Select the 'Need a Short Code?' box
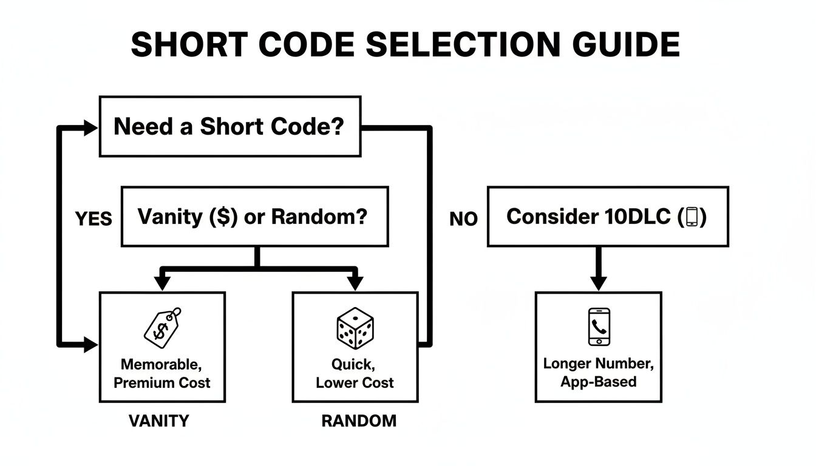click(x=229, y=126)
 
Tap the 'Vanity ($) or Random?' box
click(x=254, y=217)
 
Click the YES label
click(x=93, y=218)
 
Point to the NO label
click(x=463, y=219)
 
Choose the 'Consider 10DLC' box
click(x=608, y=217)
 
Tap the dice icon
click(x=355, y=328)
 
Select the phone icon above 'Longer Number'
click(x=599, y=327)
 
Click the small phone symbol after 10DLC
click(x=692, y=217)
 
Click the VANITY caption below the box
click(x=159, y=420)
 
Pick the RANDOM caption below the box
click(x=358, y=420)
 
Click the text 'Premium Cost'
click(x=162, y=383)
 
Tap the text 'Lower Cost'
click(x=355, y=383)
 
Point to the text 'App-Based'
click(x=598, y=382)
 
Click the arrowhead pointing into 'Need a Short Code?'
click(x=90, y=127)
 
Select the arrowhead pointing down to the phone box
click(x=599, y=282)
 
